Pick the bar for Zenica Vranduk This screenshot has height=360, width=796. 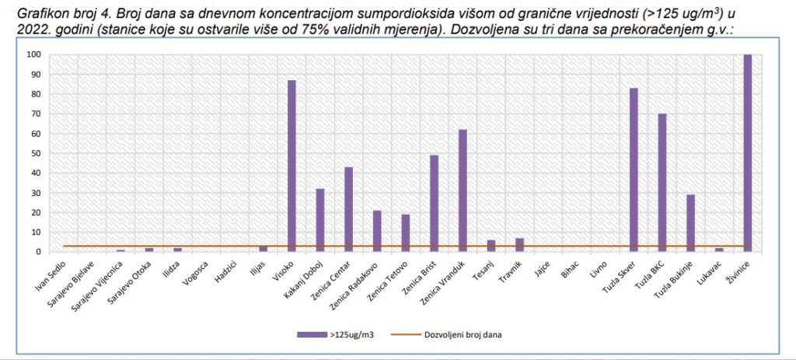click(463, 190)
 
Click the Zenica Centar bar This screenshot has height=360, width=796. click(348, 209)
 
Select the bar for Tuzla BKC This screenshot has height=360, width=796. click(662, 183)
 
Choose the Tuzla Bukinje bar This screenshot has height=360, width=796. click(690, 223)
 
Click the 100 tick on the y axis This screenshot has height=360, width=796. click(33, 54)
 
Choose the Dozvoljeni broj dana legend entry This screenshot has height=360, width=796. click(463, 334)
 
